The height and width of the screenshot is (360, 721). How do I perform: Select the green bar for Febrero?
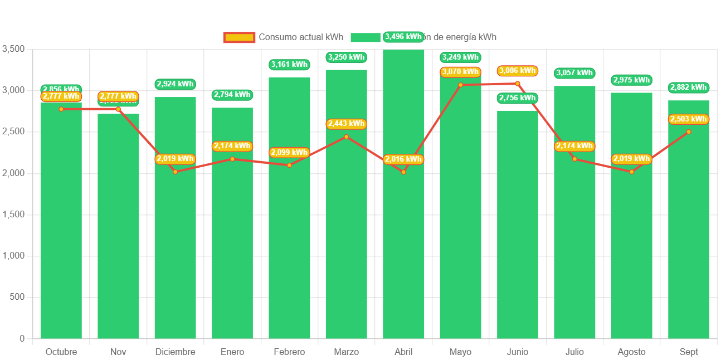click(289, 234)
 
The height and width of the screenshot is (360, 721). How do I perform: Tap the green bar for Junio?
click(518, 234)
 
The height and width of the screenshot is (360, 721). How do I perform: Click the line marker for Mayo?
click(460, 85)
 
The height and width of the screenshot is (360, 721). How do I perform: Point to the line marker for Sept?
click(689, 132)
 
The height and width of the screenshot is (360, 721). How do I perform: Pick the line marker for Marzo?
click(346, 137)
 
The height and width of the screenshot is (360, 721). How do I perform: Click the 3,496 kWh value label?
click(403, 37)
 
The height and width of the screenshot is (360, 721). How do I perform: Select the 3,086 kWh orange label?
click(518, 71)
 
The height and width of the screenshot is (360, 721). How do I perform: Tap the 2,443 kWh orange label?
click(346, 124)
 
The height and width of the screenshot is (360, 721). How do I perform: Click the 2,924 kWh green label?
click(175, 84)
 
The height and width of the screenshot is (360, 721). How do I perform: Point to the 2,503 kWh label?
click(689, 119)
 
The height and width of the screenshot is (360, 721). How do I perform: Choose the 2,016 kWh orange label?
click(403, 159)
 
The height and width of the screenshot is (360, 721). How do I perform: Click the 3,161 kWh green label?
click(289, 65)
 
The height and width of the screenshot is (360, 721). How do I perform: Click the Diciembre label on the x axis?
click(175, 352)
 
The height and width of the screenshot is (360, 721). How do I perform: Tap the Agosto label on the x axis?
click(631, 352)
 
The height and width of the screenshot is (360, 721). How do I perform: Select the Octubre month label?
click(61, 352)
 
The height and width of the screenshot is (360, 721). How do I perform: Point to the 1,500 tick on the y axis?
click(14, 214)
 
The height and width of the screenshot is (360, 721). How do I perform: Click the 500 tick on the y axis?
click(18, 297)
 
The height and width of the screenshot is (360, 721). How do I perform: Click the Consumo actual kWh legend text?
click(301, 37)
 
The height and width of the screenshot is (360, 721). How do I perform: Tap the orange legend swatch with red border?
click(239, 37)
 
